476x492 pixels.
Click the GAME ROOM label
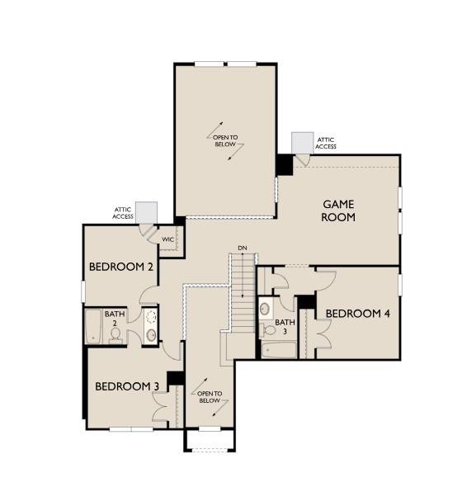(x=338, y=211)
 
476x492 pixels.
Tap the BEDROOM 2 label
(x=122, y=267)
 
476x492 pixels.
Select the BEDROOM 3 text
(x=126, y=386)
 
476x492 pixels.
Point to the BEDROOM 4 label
(x=357, y=314)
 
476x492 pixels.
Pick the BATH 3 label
(x=285, y=326)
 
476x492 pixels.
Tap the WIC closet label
(x=167, y=239)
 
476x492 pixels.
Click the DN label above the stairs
(x=242, y=248)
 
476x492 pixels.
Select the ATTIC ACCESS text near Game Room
(x=326, y=144)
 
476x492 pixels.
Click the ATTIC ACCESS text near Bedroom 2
(x=124, y=213)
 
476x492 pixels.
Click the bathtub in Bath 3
(x=278, y=349)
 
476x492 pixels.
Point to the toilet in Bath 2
(x=115, y=334)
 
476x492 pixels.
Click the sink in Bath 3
(x=265, y=309)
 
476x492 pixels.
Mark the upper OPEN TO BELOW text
(x=225, y=141)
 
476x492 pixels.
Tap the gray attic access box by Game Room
(x=302, y=143)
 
